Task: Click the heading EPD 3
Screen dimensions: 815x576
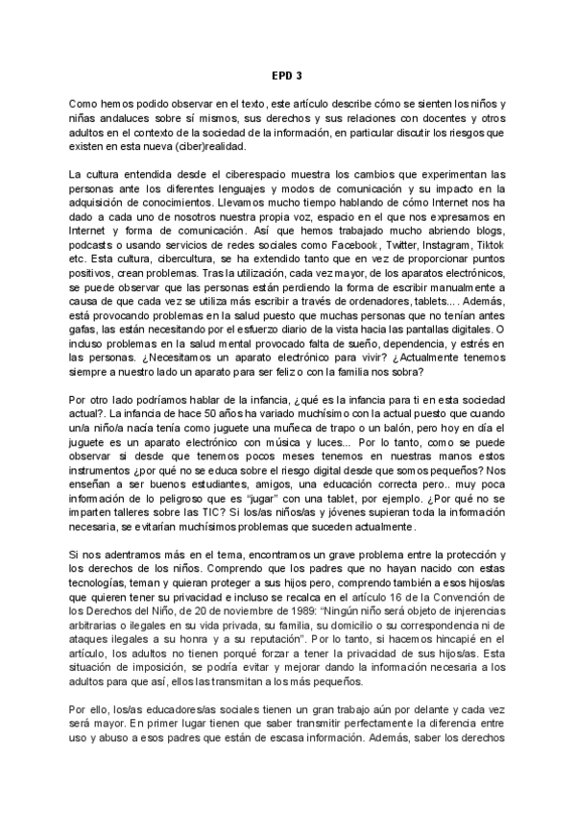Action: coord(287,74)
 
